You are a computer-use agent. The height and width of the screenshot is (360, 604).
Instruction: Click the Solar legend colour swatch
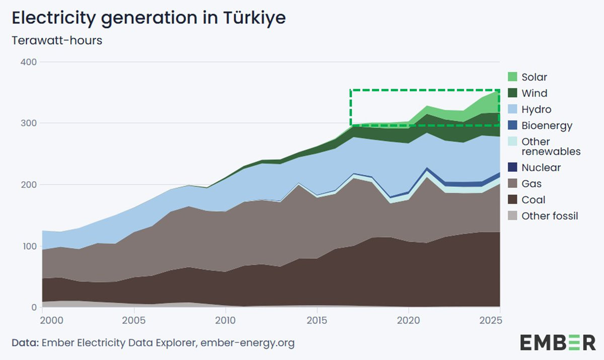[x=512, y=77]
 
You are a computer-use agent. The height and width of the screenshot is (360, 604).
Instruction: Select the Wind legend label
[x=535, y=93]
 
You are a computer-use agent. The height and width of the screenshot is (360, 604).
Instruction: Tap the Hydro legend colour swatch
[x=512, y=109]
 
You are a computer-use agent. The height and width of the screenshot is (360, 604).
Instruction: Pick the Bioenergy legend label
[x=547, y=125]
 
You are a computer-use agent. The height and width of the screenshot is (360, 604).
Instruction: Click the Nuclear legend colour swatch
[x=512, y=167]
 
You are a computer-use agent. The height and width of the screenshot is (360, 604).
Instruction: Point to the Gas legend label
[x=532, y=184]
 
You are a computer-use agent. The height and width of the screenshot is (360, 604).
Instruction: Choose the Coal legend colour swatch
[x=512, y=200]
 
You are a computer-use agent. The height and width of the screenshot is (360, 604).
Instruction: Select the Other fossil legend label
[x=550, y=216]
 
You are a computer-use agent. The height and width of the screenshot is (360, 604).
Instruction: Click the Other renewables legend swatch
[x=512, y=141]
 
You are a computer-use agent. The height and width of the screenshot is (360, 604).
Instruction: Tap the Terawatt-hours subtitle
[x=57, y=40]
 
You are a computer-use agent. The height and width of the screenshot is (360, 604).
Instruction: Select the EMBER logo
[x=557, y=343]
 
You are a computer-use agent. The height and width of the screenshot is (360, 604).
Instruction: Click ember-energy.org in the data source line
[x=247, y=343]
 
